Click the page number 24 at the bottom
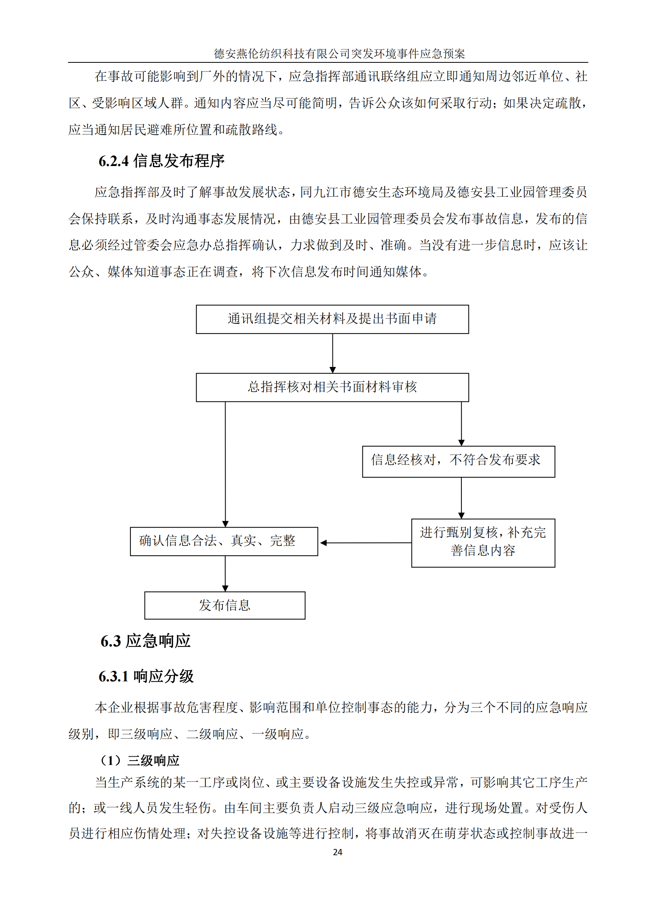tap(338, 852)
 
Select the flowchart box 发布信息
tap(224, 605)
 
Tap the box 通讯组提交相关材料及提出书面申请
tap(332, 319)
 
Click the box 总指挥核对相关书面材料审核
tap(332, 387)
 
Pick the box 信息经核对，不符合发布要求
tap(458, 462)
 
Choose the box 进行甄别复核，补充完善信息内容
tap(483, 542)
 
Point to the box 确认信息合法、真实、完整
tap(224, 541)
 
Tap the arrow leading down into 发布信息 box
tap(225, 573)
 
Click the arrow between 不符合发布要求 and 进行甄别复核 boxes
tap(461, 498)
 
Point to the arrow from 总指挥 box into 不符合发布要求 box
tap(461, 423)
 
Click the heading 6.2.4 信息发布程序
tap(161, 161)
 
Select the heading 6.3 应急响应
tap(145, 641)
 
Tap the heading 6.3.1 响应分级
tap(146, 677)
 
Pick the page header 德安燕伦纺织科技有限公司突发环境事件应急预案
tap(339, 54)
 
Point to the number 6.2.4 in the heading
tap(114, 161)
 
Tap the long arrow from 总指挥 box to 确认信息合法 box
tap(225, 464)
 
